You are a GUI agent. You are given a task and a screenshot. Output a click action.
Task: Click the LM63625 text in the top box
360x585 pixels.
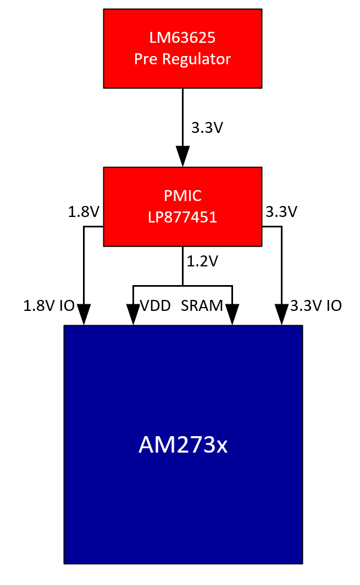(182, 38)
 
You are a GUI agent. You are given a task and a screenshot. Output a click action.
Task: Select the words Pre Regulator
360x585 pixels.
(182, 59)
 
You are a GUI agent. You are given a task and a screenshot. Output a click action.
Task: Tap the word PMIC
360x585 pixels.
(182, 196)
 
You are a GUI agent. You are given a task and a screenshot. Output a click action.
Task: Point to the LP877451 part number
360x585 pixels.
(182, 217)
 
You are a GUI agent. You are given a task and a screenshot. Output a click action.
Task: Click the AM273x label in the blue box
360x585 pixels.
(182, 445)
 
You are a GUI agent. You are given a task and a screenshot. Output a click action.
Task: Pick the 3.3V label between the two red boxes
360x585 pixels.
(207, 128)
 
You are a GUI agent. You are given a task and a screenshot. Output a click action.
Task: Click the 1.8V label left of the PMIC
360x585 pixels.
(83, 211)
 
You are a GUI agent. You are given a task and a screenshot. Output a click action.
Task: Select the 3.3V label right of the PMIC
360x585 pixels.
(281, 211)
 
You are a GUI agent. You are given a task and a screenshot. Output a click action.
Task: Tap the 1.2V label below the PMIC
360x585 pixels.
(203, 261)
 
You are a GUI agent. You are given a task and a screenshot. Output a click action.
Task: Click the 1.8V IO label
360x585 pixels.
(48, 306)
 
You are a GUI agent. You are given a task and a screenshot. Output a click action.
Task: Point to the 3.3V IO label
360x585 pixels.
(315, 306)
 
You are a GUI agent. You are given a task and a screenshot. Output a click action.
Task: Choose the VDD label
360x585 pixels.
(156, 306)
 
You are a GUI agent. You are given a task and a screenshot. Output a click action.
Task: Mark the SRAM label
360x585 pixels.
(202, 306)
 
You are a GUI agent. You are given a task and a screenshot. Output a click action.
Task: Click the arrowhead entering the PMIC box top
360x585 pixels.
(182, 157)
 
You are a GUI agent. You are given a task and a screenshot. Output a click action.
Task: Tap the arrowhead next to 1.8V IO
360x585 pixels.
(84, 315)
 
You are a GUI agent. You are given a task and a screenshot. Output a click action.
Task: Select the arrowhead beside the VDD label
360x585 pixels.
(133, 315)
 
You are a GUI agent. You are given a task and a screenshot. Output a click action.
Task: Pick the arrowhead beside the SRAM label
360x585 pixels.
(232, 315)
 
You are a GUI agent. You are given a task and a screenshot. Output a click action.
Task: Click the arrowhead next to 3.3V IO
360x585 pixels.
(281, 315)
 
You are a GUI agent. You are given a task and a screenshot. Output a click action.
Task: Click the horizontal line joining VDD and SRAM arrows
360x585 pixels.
(165, 286)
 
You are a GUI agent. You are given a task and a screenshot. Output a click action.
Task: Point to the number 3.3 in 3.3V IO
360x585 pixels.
(302, 306)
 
